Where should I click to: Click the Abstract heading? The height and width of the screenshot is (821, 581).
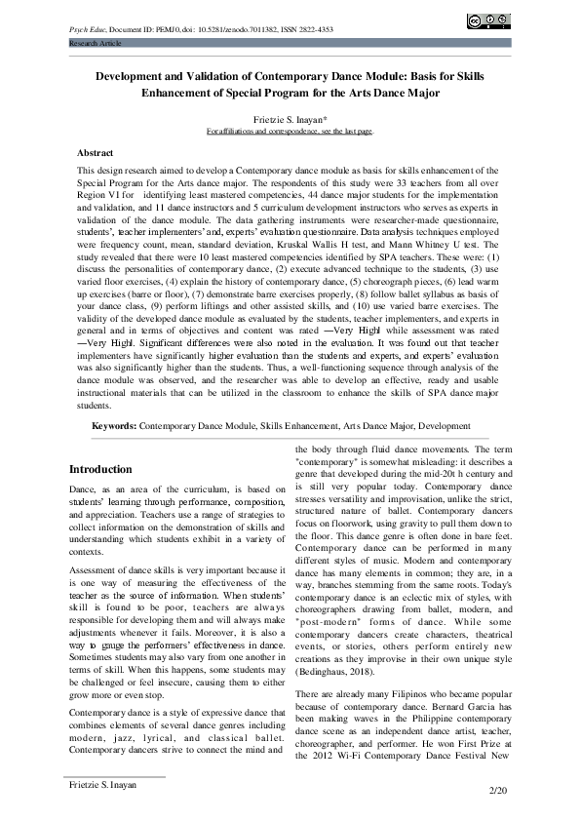[98, 153]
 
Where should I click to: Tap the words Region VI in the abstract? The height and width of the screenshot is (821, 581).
[97, 195]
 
